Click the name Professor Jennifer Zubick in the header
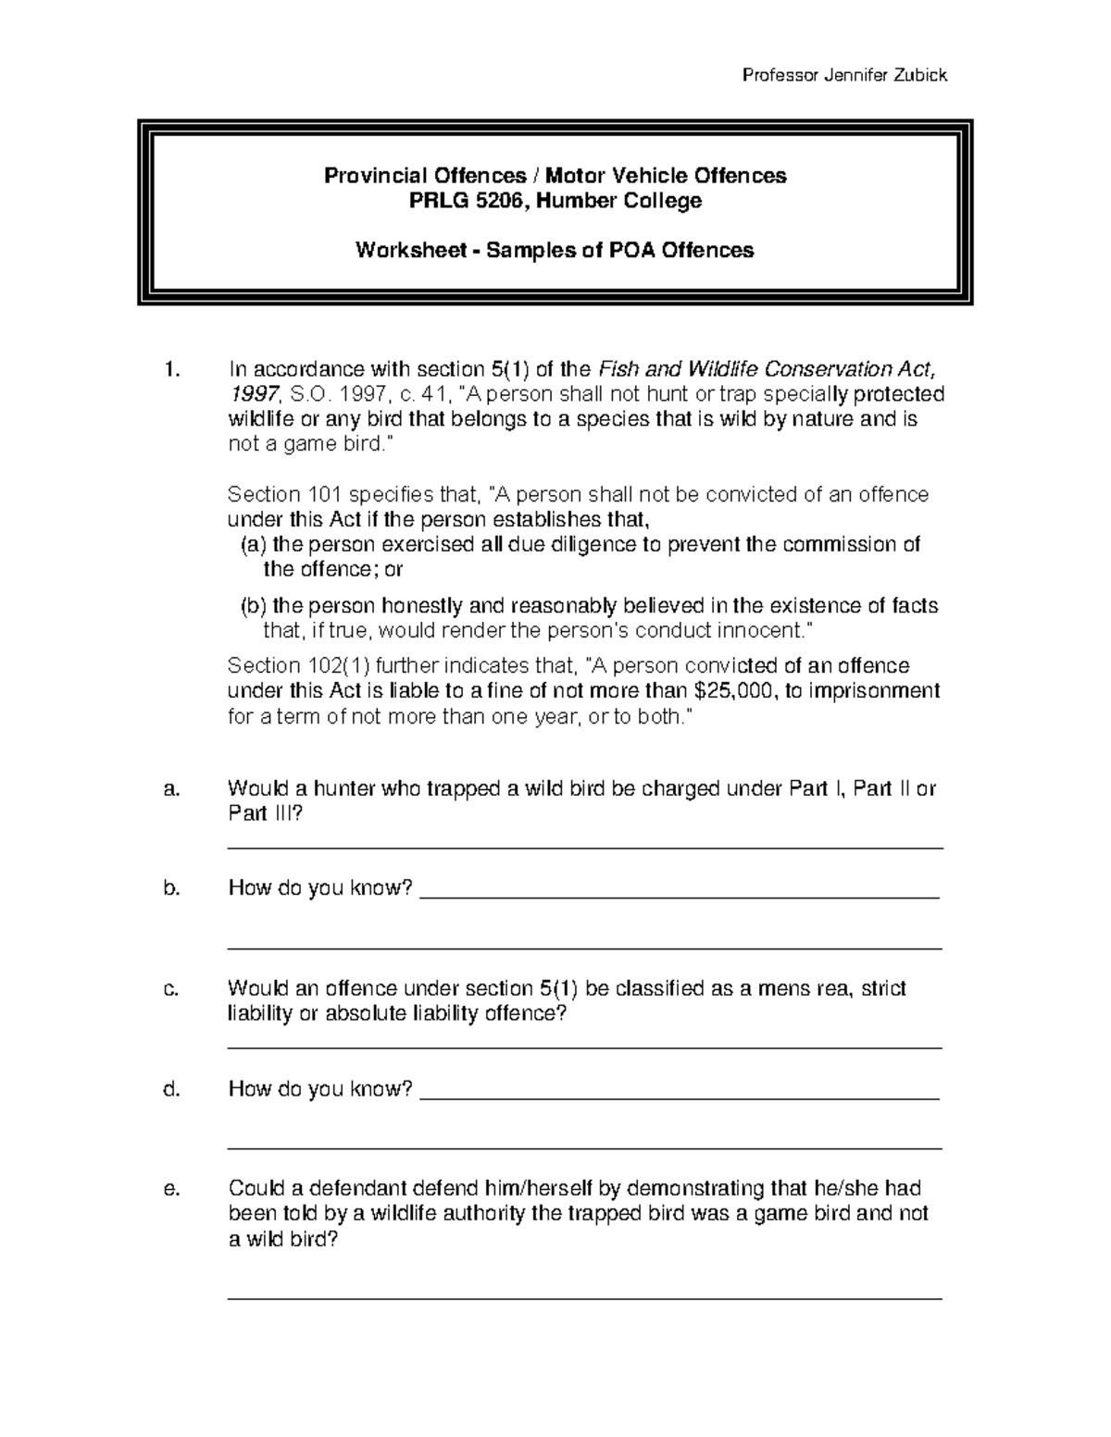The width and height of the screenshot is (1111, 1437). click(844, 76)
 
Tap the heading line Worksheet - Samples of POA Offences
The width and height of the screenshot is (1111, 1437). click(555, 250)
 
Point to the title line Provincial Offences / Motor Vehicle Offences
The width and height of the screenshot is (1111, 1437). click(555, 176)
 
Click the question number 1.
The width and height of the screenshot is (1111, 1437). click(169, 370)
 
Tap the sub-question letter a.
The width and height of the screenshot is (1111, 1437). click(169, 789)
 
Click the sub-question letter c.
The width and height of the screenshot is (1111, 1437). click(169, 989)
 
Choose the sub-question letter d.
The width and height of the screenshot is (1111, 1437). click(169, 1089)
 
